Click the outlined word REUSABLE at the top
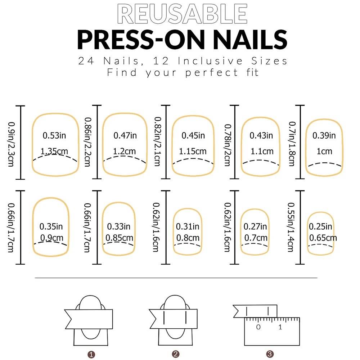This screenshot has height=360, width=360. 183,14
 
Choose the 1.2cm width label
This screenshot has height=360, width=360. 125,151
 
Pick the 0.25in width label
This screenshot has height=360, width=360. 320,226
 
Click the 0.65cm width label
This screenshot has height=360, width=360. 323,238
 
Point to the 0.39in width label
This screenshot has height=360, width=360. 324,135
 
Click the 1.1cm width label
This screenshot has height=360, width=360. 262,152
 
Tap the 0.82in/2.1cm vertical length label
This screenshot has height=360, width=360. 157,142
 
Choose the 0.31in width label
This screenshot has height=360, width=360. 188,226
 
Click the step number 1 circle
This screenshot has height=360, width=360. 91,355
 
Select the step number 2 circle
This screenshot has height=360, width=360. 176,354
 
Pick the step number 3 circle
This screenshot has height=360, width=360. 269,354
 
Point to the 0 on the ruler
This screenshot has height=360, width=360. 258,327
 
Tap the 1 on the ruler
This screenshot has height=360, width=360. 280,327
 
